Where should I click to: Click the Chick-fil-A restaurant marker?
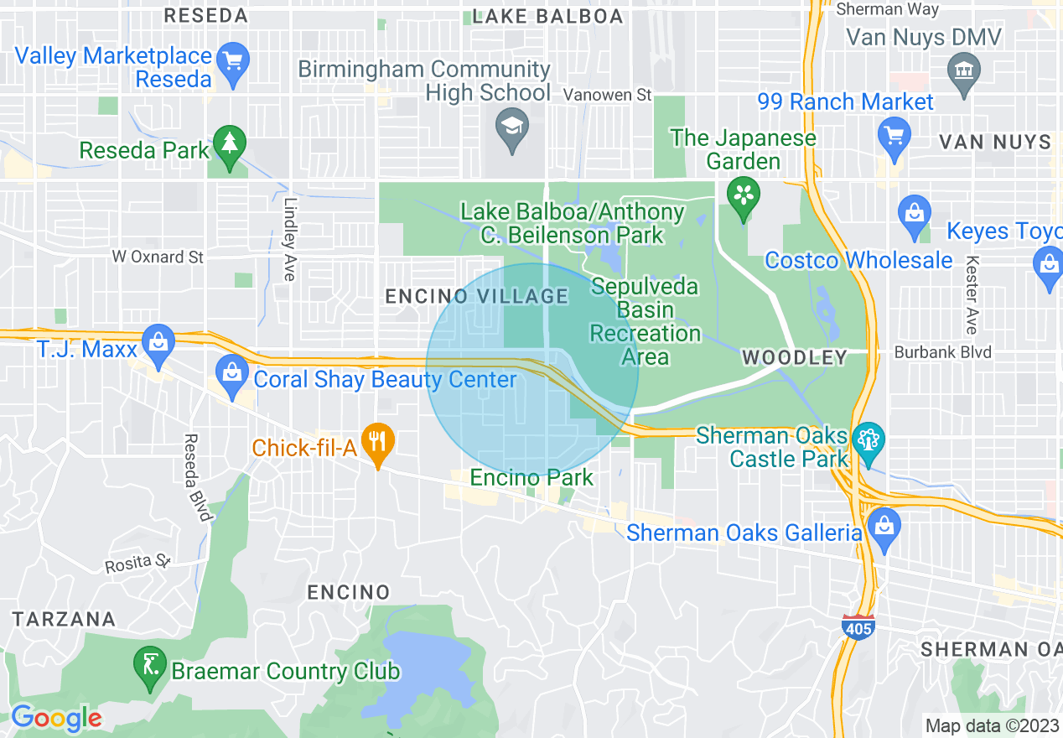click(378, 440)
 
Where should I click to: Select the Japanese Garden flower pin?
click(743, 196)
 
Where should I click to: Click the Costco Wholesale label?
click(858, 260)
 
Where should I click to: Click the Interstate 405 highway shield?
click(858, 626)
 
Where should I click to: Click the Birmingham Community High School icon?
click(511, 127)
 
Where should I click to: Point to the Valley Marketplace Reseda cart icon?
click(232, 62)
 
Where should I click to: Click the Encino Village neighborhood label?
click(476, 296)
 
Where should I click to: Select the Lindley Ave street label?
click(290, 239)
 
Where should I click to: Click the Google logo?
click(56, 718)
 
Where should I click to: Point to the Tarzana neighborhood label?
click(64, 619)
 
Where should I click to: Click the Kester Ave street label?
click(972, 295)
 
